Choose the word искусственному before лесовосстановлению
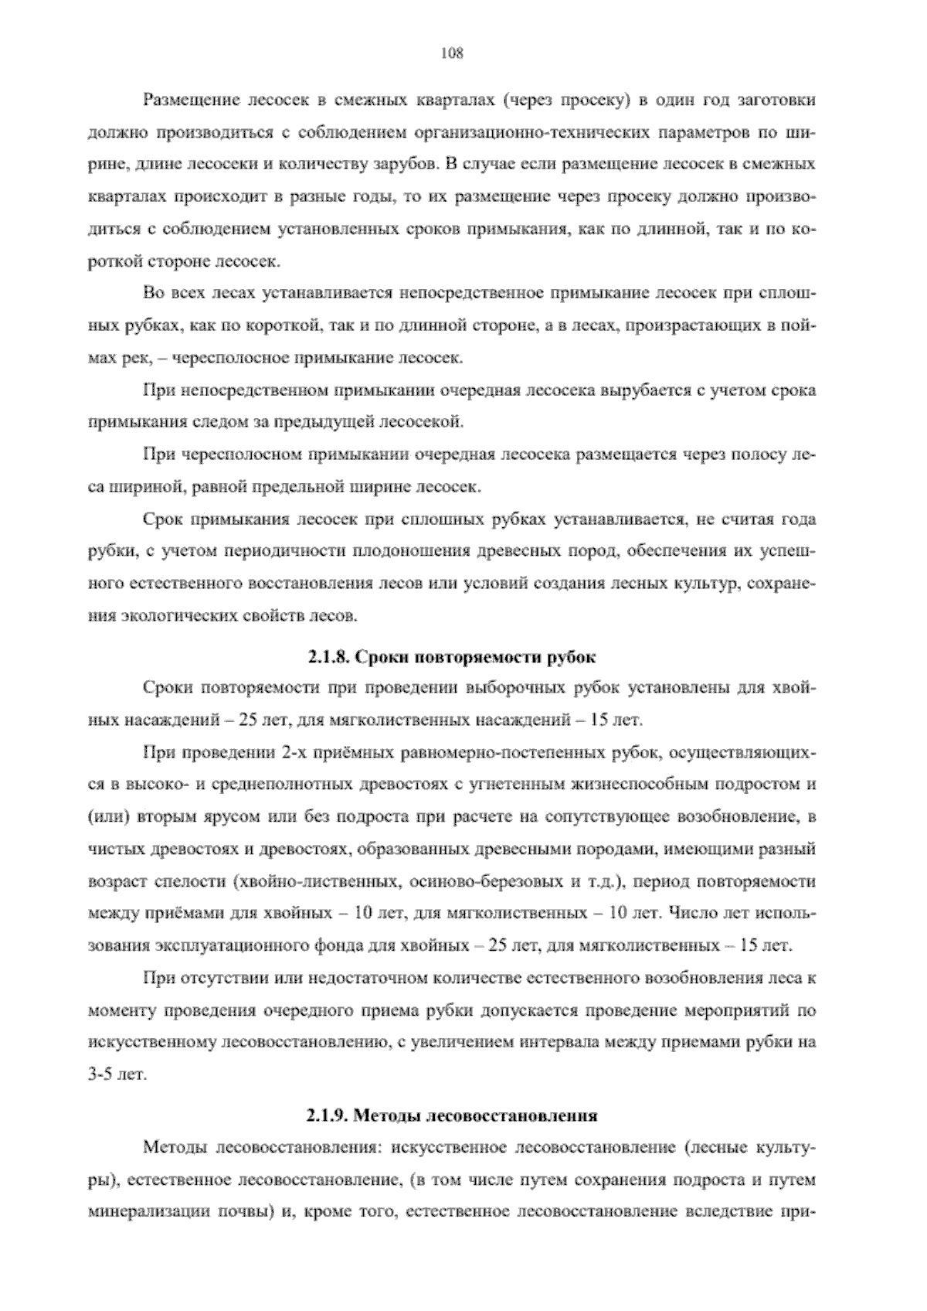[151, 1043]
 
